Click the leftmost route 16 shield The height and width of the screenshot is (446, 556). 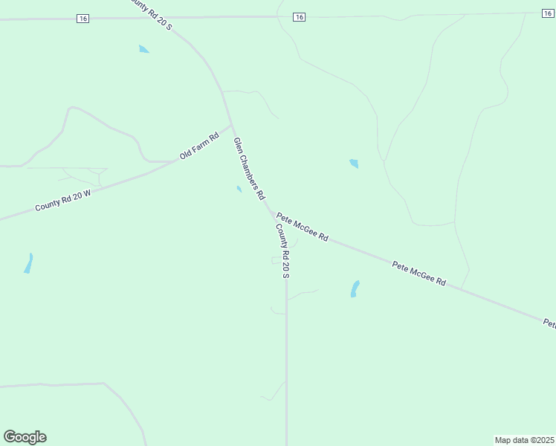83,19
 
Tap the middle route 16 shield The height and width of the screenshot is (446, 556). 299,16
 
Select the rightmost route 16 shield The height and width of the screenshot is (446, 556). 548,13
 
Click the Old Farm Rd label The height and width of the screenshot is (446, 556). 199,146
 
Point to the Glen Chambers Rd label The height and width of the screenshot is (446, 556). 249,169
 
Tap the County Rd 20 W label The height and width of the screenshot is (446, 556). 62,201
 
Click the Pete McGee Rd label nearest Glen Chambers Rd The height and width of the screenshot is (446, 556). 302,227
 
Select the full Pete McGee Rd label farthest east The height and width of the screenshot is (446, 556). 418,273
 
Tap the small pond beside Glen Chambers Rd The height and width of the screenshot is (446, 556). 239,189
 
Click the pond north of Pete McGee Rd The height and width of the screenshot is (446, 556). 354,163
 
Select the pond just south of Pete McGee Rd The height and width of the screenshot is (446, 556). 355,289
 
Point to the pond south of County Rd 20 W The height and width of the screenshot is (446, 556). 28,263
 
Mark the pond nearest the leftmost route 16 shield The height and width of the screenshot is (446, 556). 143,49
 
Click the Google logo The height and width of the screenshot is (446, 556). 25,437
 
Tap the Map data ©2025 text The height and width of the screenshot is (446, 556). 524,440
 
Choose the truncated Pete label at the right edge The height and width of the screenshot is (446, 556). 549,323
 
